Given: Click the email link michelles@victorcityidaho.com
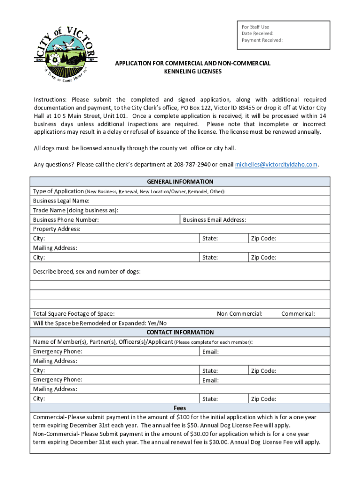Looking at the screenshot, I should [276, 165].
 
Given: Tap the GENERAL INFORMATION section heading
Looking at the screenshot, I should [180, 181].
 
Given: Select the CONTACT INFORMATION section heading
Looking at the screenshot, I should [180, 332].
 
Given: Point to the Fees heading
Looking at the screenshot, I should [180, 408].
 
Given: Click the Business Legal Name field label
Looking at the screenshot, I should [61, 201].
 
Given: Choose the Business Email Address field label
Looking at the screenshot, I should [215, 220].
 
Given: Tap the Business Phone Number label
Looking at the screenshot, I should [66, 220].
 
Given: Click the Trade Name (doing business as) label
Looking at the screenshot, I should [75, 210].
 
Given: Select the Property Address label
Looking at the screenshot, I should [57, 229].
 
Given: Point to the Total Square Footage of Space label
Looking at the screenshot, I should [74, 314].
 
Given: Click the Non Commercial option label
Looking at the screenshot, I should [239, 314].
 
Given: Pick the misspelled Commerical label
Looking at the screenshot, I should [298, 314].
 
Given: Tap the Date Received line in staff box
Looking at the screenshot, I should [258, 34].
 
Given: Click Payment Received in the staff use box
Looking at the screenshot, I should [262, 40].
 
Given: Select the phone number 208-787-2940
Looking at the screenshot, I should [192, 165].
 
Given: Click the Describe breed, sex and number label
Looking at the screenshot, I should [86, 272].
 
